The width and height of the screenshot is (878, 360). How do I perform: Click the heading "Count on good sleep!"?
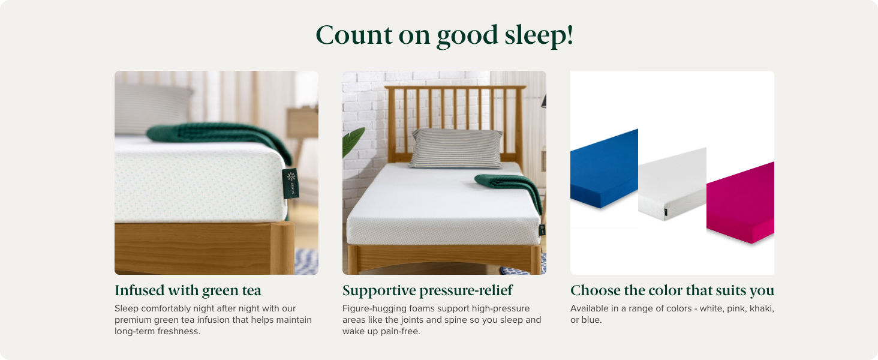pos(444,35)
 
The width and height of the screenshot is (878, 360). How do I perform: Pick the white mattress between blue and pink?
pos(672,183)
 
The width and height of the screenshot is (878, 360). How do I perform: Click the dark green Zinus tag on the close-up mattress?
pos(290,183)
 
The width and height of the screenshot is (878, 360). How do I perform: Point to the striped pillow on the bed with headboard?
pos(456,148)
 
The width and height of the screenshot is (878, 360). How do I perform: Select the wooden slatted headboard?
pos(456,108)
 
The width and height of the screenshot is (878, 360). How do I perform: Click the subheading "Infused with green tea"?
pos(188,290)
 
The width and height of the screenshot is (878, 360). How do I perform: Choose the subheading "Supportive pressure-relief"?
pos(428,290)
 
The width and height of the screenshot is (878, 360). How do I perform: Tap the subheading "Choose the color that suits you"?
pos(672,290)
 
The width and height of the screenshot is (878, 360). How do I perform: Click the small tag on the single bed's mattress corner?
pos(542,229)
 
